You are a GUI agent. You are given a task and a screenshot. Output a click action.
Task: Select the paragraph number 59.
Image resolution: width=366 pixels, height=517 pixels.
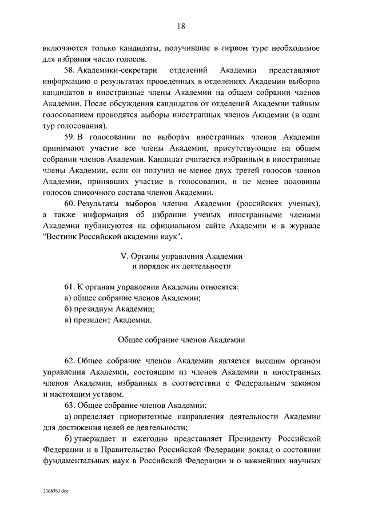[69, 138]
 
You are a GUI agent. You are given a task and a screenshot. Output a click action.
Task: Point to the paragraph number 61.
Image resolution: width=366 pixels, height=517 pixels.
[69, 286]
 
